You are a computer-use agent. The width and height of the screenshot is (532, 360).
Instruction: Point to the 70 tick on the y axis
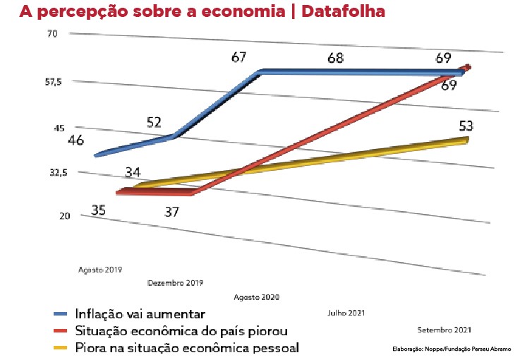point(52,34)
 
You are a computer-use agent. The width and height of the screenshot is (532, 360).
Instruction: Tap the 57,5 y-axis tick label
point(54,82)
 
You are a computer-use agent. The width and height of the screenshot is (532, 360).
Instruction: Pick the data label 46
point(76,140)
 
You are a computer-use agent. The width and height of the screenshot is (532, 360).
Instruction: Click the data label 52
point(155,123)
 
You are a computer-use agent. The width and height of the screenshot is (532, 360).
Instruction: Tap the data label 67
point(242,57)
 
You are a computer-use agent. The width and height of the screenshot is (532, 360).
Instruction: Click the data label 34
point(134,172)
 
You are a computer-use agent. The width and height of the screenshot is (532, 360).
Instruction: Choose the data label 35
point(99,210)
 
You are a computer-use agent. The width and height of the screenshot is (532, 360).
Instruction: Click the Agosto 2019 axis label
point(99,270)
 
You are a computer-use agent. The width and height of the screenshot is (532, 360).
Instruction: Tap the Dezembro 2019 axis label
point(176,283)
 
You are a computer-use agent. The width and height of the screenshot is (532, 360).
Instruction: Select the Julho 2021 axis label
point(346,312)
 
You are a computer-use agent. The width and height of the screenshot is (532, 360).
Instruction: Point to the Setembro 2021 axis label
point(445,329)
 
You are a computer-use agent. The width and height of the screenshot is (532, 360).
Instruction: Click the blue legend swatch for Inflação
point(63,313)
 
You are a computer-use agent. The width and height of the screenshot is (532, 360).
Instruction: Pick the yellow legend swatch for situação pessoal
point(63,347)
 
